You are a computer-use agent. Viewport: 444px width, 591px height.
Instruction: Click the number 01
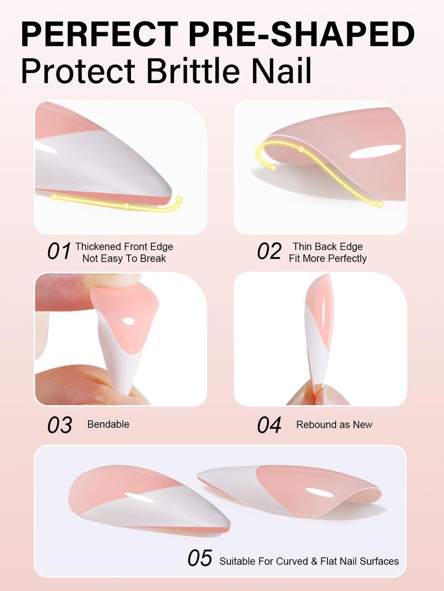(59, 252)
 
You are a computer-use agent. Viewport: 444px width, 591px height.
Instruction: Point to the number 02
(269, 252)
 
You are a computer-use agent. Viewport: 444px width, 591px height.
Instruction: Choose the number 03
(59, 425)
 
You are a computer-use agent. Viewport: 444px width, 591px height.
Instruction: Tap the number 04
(269, 425)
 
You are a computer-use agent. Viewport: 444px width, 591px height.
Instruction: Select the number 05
(200, 559)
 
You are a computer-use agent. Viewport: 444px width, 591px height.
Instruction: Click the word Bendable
(108, 424)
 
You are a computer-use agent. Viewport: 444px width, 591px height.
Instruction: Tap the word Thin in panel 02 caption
(302, 247)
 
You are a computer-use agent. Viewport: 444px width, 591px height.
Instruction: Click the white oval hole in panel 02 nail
(376, 151)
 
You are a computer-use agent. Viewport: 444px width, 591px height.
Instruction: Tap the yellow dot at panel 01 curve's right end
(179, 200)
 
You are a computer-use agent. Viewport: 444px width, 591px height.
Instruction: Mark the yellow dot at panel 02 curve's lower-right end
(380, 205)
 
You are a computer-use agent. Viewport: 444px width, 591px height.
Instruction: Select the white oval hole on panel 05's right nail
(320, 492)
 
